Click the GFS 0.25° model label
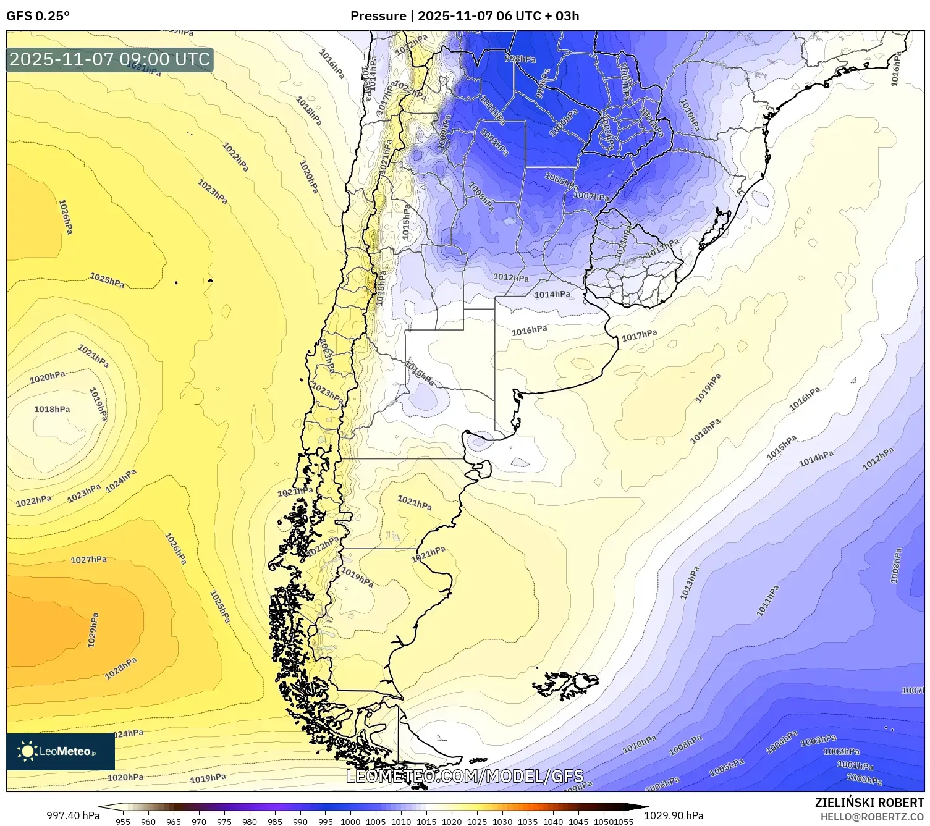[x=38, y=16]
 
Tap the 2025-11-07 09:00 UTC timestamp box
[x=110, y=59]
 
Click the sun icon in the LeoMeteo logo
[x=27, y=751]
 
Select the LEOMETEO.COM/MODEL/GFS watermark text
[x=464, y=776]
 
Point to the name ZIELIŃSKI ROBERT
[x=869, y=803]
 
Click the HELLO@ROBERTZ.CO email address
[x=872, y=817]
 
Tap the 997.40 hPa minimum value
[x=73, y=815]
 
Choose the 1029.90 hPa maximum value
[x=674, y=815]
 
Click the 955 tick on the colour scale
[x=123, y=822]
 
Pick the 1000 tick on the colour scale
[x=350, y=822]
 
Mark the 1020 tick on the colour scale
[x=452, y=822]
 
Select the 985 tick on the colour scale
[x=274, y=822]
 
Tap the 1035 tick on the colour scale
[x=528, y=822]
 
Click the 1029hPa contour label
[x=93, y=630]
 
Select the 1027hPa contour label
[x=88, y=560]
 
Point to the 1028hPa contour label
[x=120, y=668]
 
